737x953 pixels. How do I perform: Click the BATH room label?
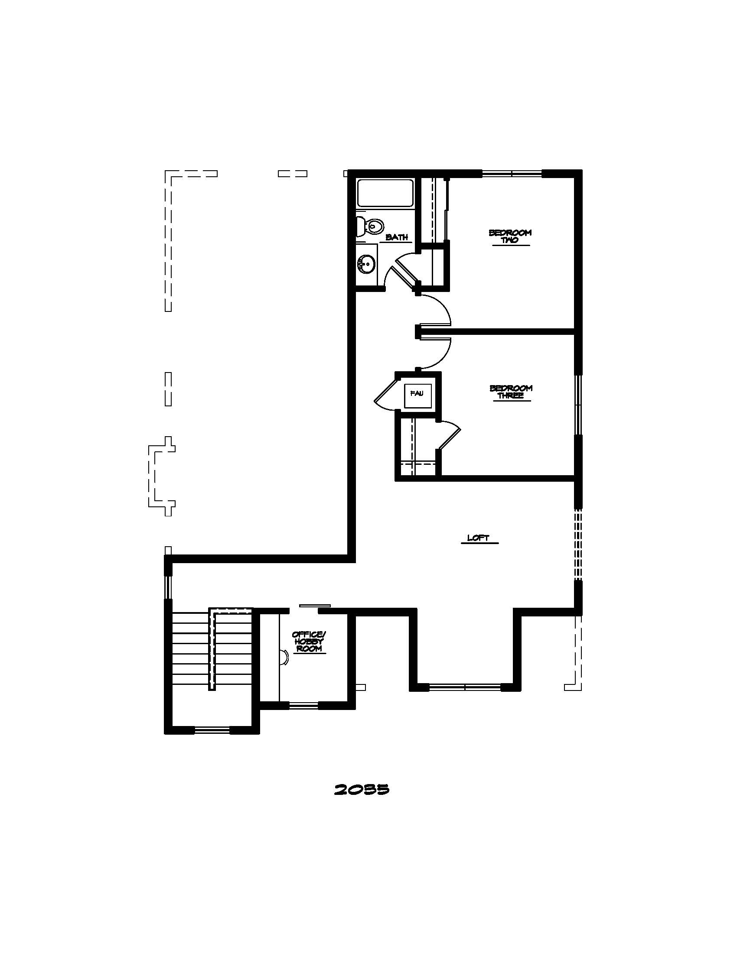click(x=397, y=237)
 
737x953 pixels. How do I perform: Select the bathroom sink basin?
click(x=367, y=263)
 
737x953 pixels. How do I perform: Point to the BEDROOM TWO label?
click(x=510, y=236)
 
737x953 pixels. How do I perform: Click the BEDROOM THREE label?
click(x=511, y=392)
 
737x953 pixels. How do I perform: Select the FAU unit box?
click(x=417, y=394)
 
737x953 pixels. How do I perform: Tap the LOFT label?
click(x=478, y=538)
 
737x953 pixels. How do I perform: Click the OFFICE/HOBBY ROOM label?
click(x=309, y=642)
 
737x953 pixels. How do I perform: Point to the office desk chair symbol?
click(x=284, y=657)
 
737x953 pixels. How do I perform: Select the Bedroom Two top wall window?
click(x=512, y=173)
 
